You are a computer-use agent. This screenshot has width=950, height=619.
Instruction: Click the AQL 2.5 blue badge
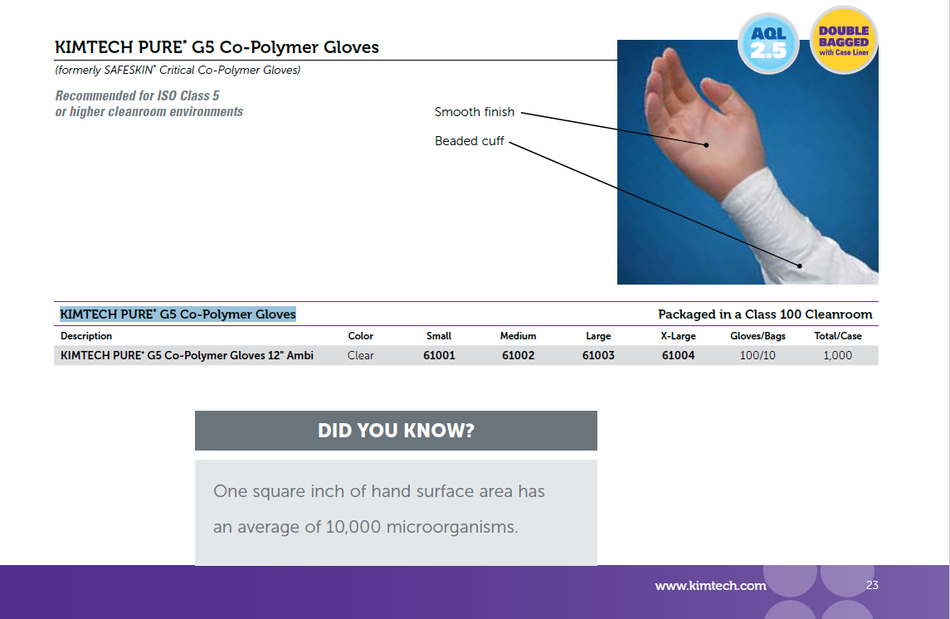pyautogui.click(x=768, y=43)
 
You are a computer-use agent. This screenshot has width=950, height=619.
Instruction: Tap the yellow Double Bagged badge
pyautogui.click(x=843, y=41)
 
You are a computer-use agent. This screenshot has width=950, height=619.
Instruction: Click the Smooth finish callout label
pyautogui.click(x=475, y=112)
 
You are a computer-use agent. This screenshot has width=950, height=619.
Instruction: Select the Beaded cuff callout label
pyautogui.click(x=469, y=141)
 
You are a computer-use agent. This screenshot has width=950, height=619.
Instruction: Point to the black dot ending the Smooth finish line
pyautogui.click(x=706, y=144)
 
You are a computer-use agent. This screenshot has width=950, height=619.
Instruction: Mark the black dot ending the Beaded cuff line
pyautogui.click(x=800, y=266)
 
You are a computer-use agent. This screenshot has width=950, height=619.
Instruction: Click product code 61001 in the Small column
pyautogui.click(x=439, y=355)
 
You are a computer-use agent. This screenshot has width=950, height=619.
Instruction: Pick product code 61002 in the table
pyautogui.click(x=518, y=355)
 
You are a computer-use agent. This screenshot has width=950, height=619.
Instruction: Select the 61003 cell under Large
pyautogui.click(x=598, y=355)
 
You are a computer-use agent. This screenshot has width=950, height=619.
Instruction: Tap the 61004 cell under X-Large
pyautogui.click(x=678, y=355)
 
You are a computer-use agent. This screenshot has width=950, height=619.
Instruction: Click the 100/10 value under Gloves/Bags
pyautogui.click(x=758, y=355)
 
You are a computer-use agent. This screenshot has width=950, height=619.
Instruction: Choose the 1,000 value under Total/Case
pyautogui.click(x=837, y=355)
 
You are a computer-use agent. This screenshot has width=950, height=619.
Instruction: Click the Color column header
pyautogui.click(x=360, y=336)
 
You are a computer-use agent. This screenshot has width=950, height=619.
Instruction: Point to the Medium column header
pyautogui.click(x=518, y=336)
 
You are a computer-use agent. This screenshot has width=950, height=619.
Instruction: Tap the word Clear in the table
pyautogui.click(x=360, y=355)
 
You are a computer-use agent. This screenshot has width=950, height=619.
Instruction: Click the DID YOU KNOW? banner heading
pyautogui.click(x=397, y=431)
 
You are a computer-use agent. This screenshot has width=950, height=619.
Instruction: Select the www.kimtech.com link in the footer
pyautogui.click(x=711, y=586)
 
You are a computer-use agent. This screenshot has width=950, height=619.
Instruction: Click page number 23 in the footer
pyautogui.click(x=873, y=585)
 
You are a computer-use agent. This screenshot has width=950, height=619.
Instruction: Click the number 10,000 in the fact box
pyautogui.click(x=353, y=527)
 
